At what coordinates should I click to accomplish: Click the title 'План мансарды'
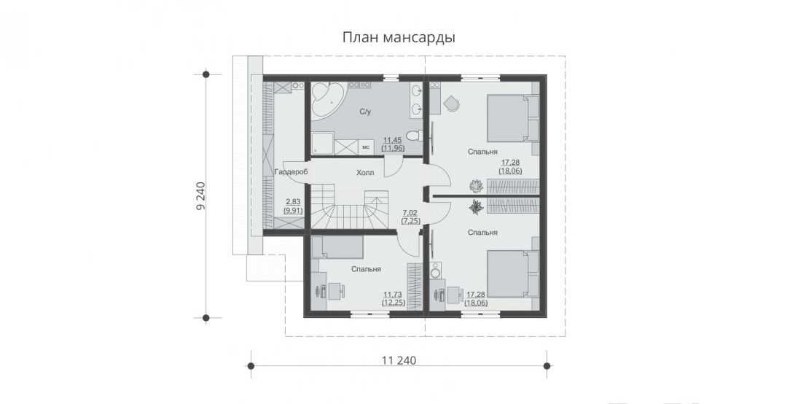click(x=399, y=37)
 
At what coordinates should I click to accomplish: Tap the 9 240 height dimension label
click(x=201, y=195)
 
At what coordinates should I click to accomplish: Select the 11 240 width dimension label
click(x=399, y=360)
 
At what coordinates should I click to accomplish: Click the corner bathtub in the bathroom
click(x=326, y=99)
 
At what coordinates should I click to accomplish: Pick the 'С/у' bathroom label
click(x=365, y=112)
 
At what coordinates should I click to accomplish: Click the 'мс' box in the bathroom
click(x=366, y=147)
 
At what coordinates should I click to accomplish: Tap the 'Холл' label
click(x=365, y=173)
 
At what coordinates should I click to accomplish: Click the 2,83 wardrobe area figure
click(x=293, y=202)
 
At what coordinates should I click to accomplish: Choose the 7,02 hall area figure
click(x=411, y=213)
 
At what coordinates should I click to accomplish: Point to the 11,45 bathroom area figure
click(x=393, y=140)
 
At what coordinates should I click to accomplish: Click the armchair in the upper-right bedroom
click(x=451, y=104)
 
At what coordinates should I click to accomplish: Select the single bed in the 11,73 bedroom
click(x=336, y=247)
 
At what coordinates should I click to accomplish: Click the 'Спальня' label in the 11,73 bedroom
click(x=366, y=269)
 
